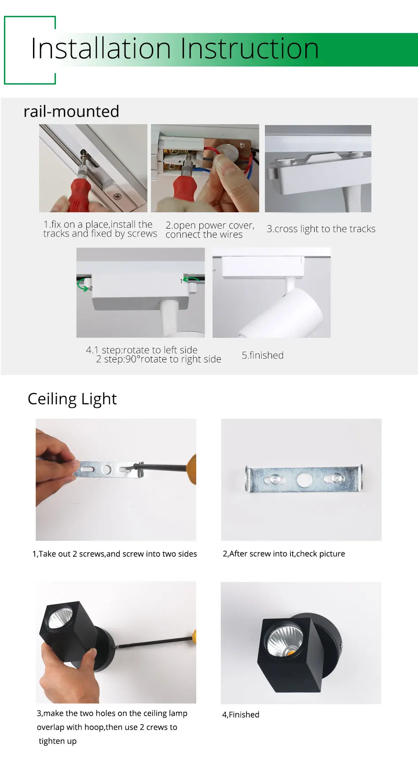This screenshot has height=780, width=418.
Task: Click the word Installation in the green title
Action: point(100,48)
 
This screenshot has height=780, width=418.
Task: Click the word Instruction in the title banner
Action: point(249,48)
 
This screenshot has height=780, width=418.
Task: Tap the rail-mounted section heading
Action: point(71,111)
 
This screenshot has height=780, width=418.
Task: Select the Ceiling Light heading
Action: point(72,399)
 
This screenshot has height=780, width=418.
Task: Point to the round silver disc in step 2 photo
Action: point(229,152)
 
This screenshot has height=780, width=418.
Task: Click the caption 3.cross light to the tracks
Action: point(321,229)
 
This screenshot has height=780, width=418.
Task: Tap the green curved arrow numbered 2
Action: point(82,287)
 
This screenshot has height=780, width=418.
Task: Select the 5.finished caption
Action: point(263,355)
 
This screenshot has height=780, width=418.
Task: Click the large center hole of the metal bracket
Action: point(304,479)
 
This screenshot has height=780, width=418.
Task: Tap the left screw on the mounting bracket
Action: point(274,479)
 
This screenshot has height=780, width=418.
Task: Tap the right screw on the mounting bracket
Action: point(337,477)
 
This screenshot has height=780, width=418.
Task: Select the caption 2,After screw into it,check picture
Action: point(284,554)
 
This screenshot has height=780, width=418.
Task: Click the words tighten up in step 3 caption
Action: point(58,741)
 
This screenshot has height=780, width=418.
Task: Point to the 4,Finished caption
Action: point(241,714)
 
